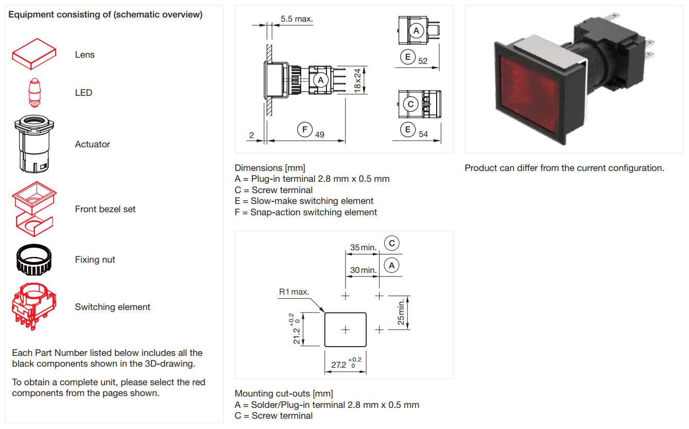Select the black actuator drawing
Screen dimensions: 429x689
(34, 145)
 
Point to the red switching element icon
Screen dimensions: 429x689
(34, 306)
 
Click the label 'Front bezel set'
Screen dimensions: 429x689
(105, 209)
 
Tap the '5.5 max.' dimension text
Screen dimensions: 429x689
(297, 19)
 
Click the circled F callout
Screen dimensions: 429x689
(305, 129)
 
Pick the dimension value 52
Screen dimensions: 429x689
(423, 61)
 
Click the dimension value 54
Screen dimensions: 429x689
(423, 134)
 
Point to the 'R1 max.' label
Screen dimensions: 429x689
(294, 291)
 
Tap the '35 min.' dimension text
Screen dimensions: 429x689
(363, 247)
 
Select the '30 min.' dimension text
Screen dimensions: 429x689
(363, 270)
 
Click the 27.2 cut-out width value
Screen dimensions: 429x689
(339, 365)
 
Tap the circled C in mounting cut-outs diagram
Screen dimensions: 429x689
(392, 243)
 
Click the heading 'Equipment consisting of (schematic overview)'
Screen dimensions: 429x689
(106, 14)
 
